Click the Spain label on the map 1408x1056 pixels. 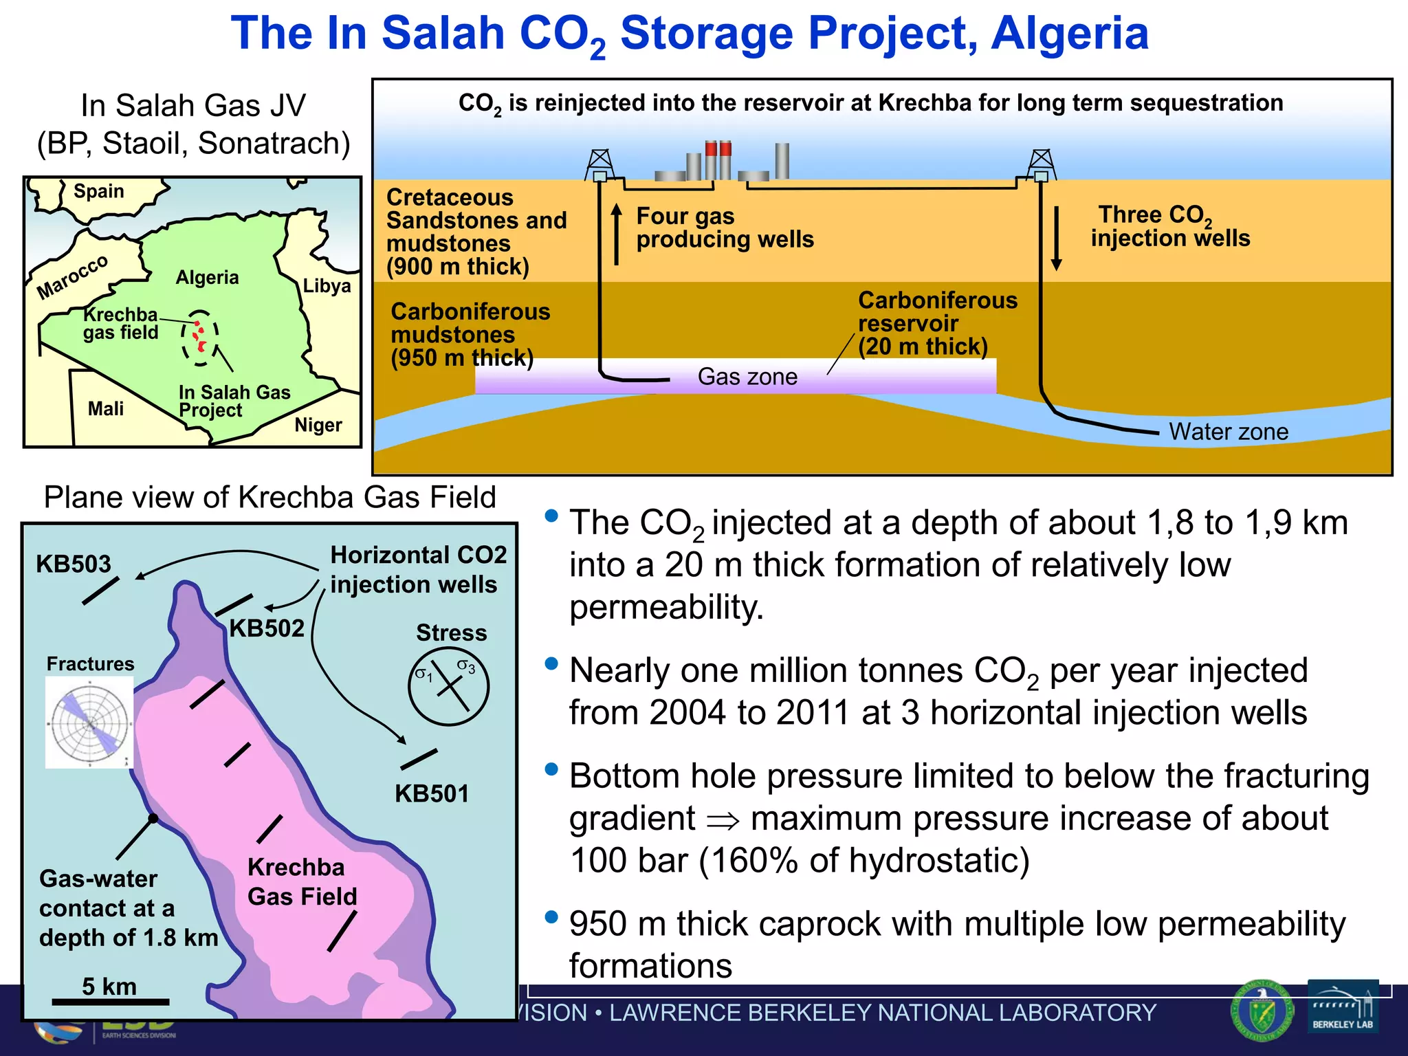(x=99, y=191)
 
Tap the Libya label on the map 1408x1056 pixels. (x=327, y=286)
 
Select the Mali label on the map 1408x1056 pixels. (x=106, y=409)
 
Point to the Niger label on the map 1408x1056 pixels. (x=318, y=426)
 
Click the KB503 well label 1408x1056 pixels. (x=74, y=564)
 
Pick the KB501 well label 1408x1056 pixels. (x=432, y=794)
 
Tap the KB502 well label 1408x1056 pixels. (x=267, y=628)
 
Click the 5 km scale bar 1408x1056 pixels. (x=110, y=1002)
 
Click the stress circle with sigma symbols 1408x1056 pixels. (x=448, y=685)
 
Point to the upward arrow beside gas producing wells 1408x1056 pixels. (x=617, y=234)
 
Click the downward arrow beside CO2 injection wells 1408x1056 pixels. (x=1057, y=238)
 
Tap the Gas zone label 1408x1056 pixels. (x=747, y=377)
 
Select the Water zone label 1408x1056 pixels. (x=1229, y=432)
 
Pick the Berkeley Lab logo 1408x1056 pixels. (x=1343, y=1006)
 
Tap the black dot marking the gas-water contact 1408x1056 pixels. (x=153, y=818)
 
